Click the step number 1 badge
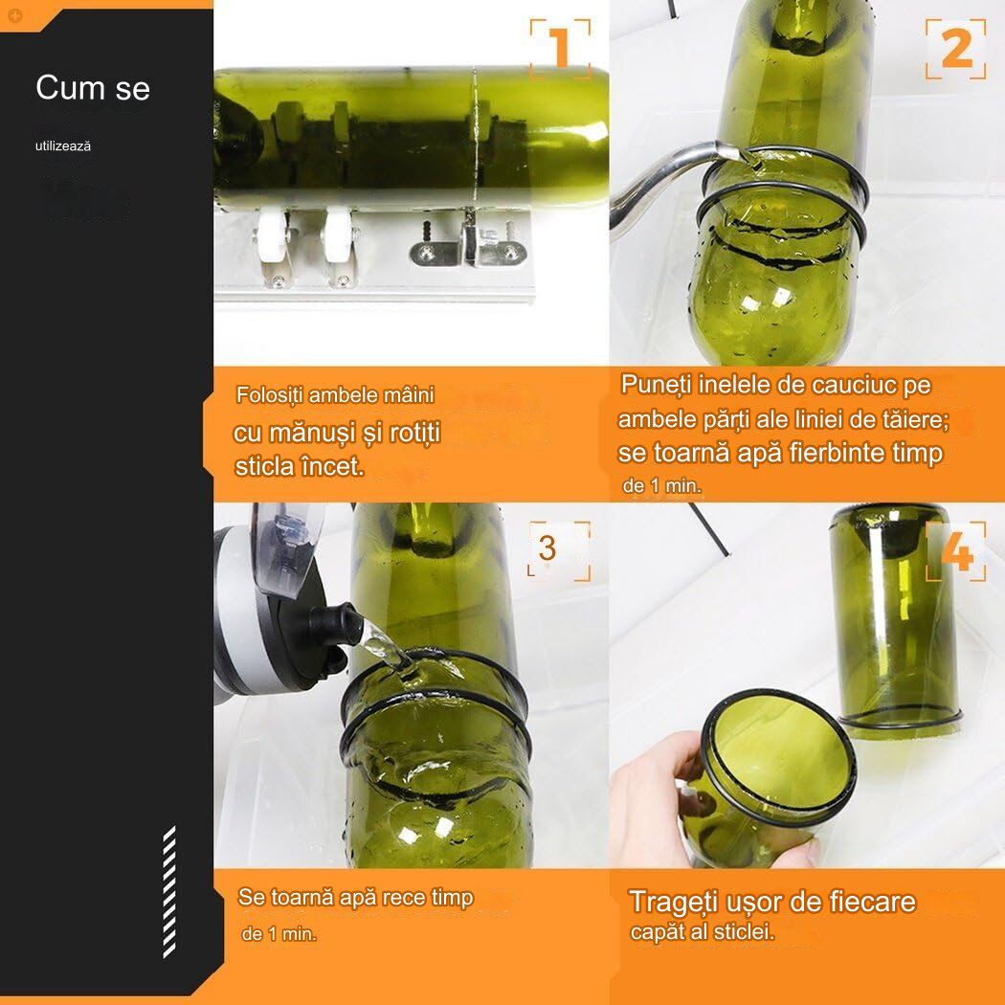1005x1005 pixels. pyautogui.click(x=560, y=49)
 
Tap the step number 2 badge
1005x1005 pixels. pyautogui.click(x=955, y=49)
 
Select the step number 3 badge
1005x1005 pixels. pyautogui.click(x=559, y=550)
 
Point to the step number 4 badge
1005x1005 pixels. pyautogui.click(x=955, y=551)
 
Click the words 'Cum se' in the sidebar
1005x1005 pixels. pyautogui.click(x=93, y=88)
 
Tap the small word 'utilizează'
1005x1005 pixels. pyautogui.click(x=63, y=146)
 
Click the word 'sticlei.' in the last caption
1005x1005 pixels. pyautogui.click(x=744, y=931)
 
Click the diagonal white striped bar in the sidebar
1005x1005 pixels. pyautogui.click(x=169, y=892)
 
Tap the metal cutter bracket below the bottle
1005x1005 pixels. pyautogui.click(x=468, y=245)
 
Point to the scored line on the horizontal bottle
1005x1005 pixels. pyautogui.click(x=475, y=138)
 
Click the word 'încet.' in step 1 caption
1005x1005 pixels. pyautogui.click(x=332, y=467)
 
